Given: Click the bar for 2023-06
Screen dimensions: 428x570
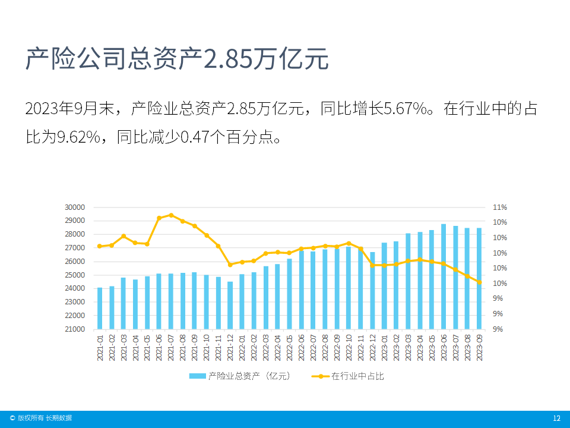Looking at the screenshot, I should pos(444,276).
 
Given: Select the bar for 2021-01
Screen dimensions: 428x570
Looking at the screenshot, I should pos(100,308).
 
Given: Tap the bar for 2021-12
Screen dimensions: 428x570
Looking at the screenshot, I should pos(230,305).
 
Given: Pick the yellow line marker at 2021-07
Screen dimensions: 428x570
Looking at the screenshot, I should pos(171,215).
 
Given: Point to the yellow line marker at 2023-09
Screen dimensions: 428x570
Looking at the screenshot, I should pos(479,282).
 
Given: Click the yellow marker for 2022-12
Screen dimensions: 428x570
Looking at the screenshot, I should pos(372,265).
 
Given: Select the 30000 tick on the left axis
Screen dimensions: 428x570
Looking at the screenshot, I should pos(75,207).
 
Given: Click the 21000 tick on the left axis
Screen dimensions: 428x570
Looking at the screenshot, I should pos(75,329).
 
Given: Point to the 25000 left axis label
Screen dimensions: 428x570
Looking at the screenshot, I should pos(75,275).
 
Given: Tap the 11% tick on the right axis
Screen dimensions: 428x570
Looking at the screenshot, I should pos(499,207).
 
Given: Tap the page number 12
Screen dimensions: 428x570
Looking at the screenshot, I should pos(556,418).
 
